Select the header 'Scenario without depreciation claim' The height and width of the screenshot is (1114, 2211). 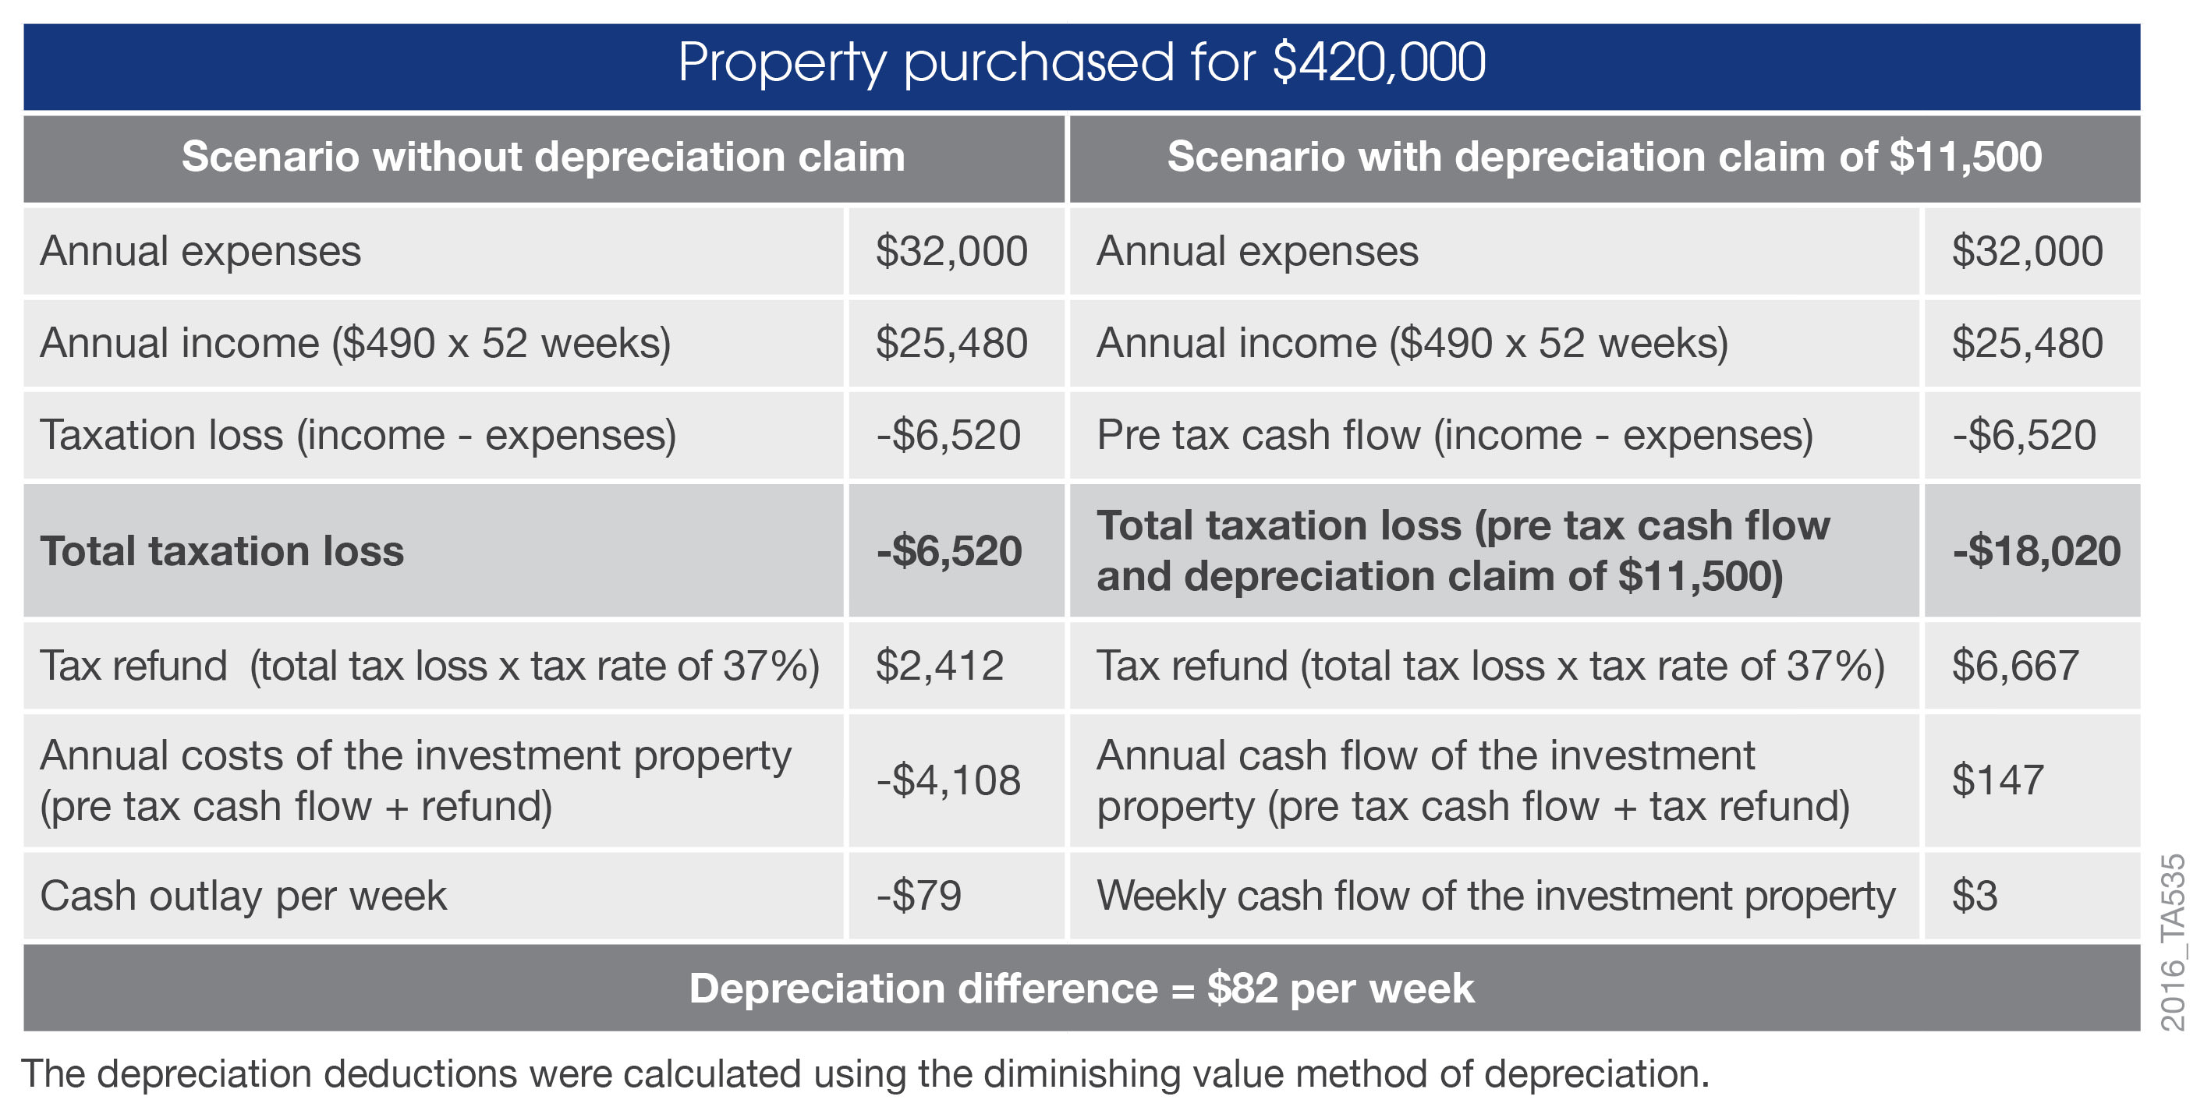click(544, 157)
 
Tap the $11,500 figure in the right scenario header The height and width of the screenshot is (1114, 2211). click(1965, 157)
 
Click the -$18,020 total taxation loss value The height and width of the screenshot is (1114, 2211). click(2036, 551)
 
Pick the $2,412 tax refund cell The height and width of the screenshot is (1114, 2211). click(939, 666)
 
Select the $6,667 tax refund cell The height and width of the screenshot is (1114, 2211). click(2014, 666)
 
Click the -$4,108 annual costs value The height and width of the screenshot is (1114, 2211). click(948, 780)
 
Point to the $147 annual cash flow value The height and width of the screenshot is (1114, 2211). click(1997, 780)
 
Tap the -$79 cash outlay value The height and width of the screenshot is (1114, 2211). click(919, 896)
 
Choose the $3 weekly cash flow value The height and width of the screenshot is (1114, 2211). click(1974, 896)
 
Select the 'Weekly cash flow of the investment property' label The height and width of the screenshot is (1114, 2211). click(1495, 896)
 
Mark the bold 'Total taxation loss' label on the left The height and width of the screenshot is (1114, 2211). click(221, 551)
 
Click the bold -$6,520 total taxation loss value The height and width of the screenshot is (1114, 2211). click(948, 551)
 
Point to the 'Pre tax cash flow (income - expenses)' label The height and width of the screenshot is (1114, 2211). click(1455, 435)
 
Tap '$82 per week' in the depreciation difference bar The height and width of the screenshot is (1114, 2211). click(1340, 988)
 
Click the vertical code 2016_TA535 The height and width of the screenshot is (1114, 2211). click(2172, 942)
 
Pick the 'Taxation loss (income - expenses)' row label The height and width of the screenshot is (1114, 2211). click(358, 435)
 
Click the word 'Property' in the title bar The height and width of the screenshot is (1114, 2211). click(781, 62)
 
